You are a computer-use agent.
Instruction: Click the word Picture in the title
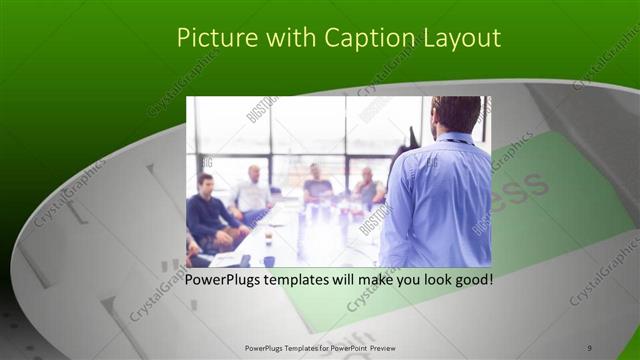212,38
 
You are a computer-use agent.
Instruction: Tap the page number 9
589,347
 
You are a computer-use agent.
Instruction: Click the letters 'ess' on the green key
520,186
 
